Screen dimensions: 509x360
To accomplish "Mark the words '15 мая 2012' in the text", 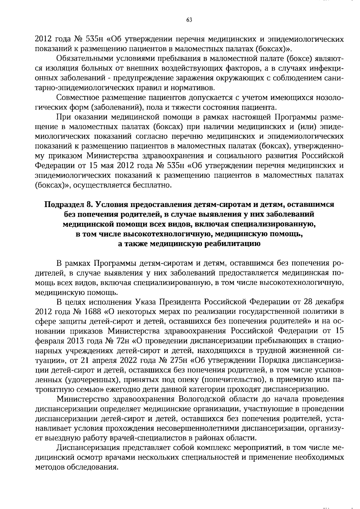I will point(113,166).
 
